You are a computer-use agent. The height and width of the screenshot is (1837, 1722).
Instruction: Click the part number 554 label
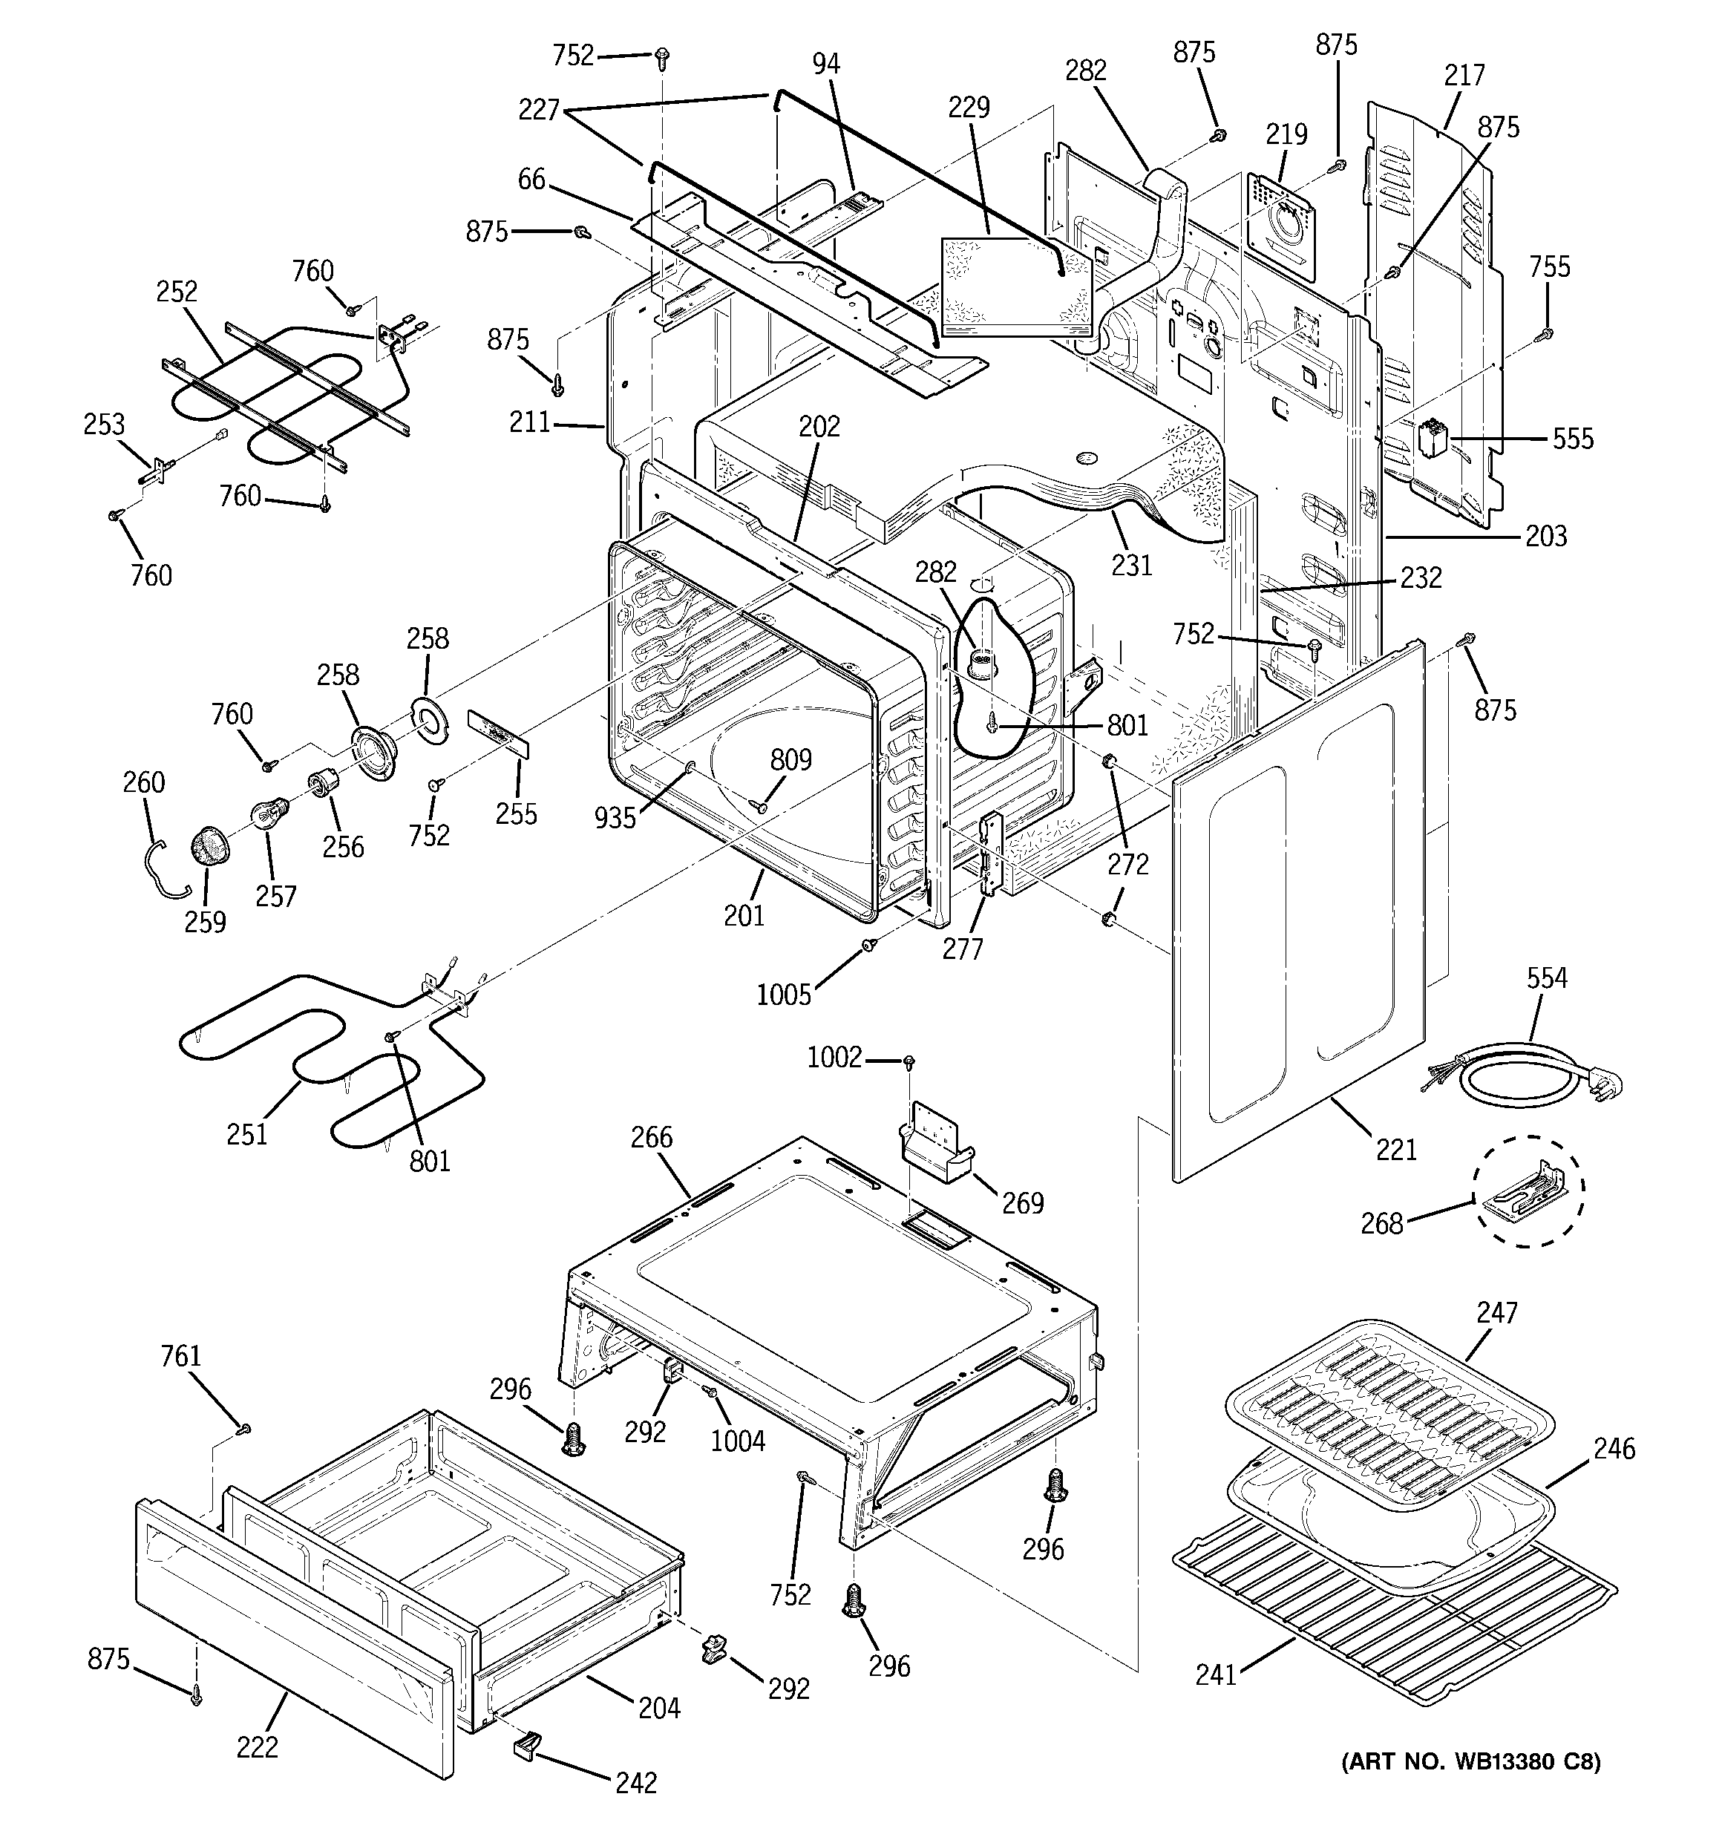(1546, 978)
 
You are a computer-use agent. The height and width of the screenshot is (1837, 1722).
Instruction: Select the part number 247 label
(1496, 1312)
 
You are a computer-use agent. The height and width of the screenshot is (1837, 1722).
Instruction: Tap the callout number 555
(1572, 438)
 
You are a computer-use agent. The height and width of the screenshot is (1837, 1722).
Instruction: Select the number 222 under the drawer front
(257, 1746)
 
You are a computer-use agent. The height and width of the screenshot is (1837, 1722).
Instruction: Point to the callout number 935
(615, 818)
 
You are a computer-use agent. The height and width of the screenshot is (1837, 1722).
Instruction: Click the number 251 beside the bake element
(246, 1134)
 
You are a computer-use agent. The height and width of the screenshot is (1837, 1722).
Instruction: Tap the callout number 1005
(784, 995)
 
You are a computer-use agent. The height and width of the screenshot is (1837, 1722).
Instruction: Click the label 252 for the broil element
(177, 292)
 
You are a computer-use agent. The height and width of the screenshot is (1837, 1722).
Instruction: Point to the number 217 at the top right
(1464, 75)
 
